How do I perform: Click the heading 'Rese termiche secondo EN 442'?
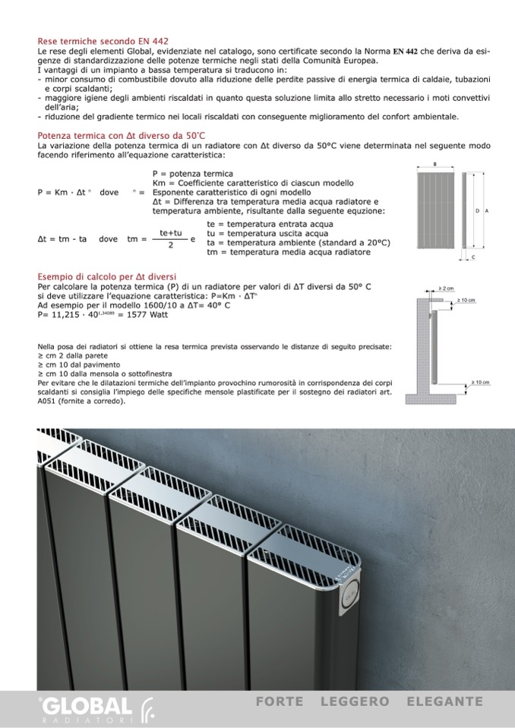coord(103,41)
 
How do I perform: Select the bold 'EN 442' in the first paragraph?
coord(406,50)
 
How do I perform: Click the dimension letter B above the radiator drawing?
coord(434,164)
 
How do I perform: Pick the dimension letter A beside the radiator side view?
coord(485,210)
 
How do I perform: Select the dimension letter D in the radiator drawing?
coord(477,210)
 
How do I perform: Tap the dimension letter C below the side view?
coord(473,257)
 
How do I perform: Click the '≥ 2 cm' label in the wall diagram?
coord(446,289)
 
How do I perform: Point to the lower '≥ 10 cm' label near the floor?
coord(481,383)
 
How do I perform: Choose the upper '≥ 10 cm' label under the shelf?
coord(466,301)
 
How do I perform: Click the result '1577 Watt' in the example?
coord(147,314)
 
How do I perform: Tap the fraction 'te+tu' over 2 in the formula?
coord(171,233)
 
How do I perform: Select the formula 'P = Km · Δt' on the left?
coord(65,193)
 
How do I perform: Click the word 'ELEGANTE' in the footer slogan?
coord(444,701)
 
